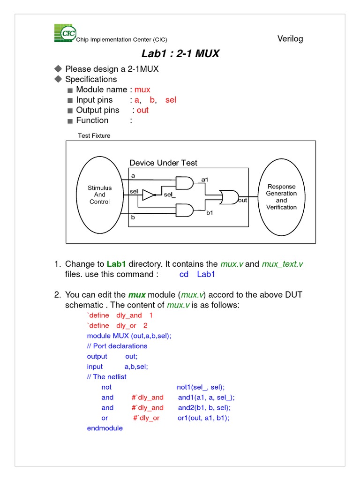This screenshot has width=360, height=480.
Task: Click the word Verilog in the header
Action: click(290, 38)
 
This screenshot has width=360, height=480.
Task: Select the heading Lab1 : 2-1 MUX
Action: click(180, 53)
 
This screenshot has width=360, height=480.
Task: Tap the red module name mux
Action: click(142, 90)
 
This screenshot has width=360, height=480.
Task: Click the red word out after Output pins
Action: click(142, 110)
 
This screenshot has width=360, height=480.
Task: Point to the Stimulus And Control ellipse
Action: click(99, 195)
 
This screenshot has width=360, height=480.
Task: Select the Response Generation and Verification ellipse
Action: click(281, 197)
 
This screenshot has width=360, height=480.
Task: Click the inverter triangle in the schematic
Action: click(149, 195)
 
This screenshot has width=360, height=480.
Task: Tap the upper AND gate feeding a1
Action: click(184, 183)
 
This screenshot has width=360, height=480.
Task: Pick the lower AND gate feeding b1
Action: click(184, 210)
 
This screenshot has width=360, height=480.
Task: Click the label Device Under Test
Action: click(163, 163)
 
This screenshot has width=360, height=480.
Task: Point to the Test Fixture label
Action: click(94, 136)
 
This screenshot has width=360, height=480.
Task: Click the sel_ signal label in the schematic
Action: click(169, 195)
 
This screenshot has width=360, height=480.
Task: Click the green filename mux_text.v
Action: click(285, 264)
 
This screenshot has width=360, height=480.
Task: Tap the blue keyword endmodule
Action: click(105, 428)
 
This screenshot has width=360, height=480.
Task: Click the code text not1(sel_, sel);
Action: click(201, 387)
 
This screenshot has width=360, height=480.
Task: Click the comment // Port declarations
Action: click(117, 346)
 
